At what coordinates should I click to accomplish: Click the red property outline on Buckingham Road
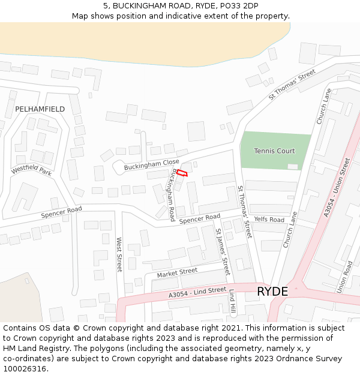click(182, 173)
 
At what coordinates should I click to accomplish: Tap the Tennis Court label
click(274, 151)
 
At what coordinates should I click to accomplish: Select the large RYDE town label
click(272, 292)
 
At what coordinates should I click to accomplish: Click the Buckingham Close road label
click(151, 165)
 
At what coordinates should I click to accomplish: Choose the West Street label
click(119, 254)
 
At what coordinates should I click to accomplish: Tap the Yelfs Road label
click(269, 220)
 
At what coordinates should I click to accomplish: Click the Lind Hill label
click(232, 303)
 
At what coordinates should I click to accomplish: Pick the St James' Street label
click(223, 252)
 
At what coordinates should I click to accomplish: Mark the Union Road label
click(344, 277)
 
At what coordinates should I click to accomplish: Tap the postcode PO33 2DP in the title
click(237, 6)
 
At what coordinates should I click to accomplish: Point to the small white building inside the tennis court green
click(293, 166)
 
